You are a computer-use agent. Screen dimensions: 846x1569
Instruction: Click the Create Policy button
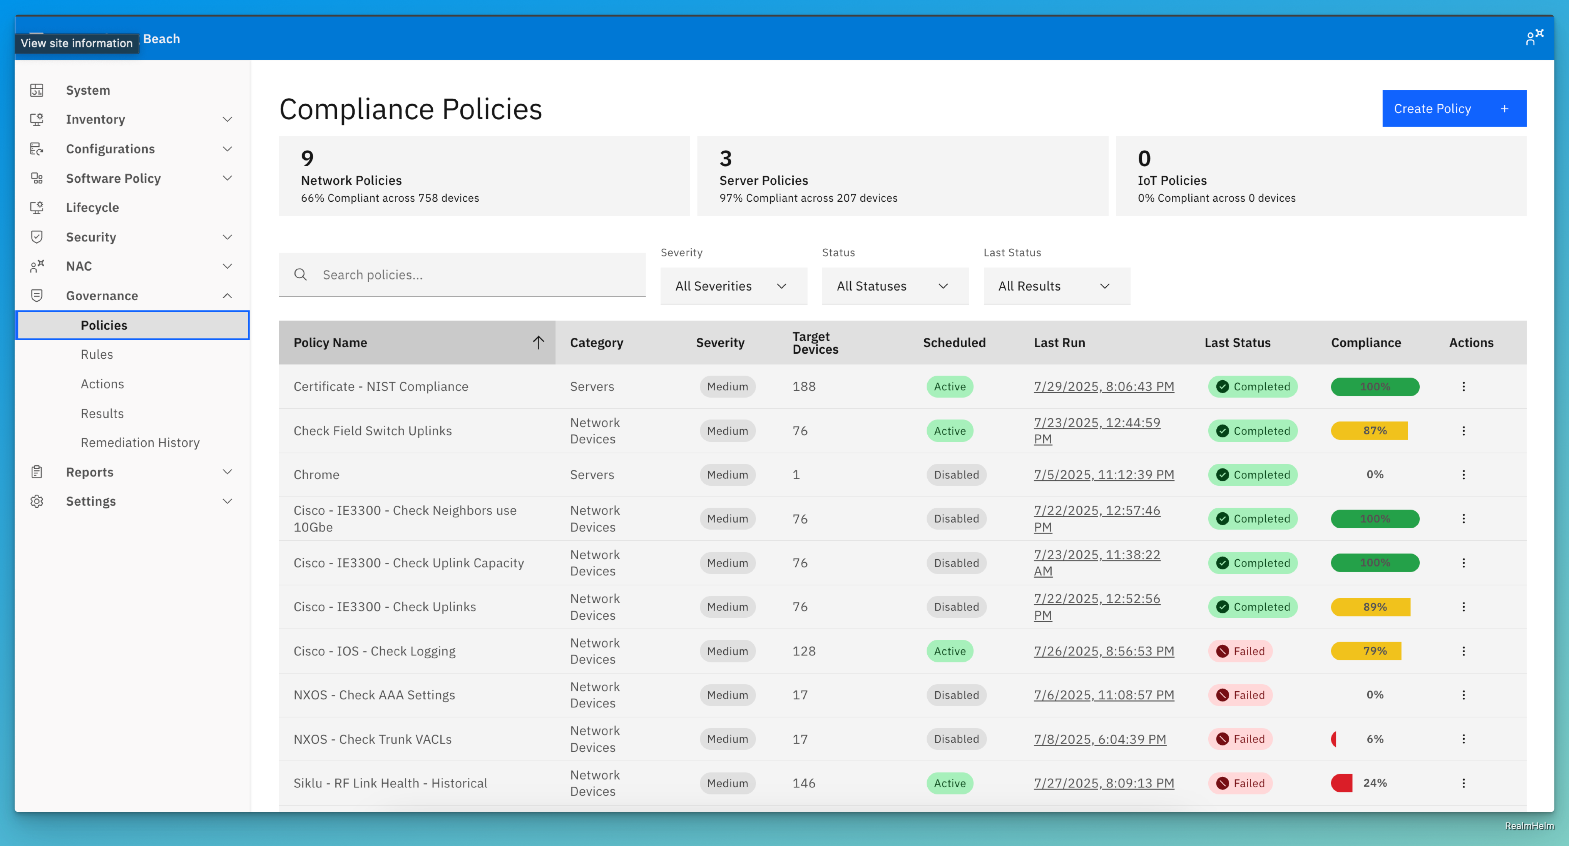point(1453,109)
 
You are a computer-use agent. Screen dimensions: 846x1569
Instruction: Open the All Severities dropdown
point(733,286)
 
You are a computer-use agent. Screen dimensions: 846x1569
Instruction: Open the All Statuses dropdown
point(894,286)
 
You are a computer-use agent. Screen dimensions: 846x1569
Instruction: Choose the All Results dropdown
point(1055,286)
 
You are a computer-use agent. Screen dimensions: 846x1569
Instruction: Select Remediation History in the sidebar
point(140,442)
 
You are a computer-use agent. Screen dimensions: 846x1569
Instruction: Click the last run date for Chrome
point(1103,475)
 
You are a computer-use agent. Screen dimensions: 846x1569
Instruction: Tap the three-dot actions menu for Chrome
point(1463,475)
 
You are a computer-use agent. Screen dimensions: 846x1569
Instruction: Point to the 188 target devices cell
point(803,386)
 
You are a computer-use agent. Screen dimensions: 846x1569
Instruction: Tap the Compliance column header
point(1366,342)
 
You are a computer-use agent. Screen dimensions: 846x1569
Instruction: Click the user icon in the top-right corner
point(1534,38)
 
